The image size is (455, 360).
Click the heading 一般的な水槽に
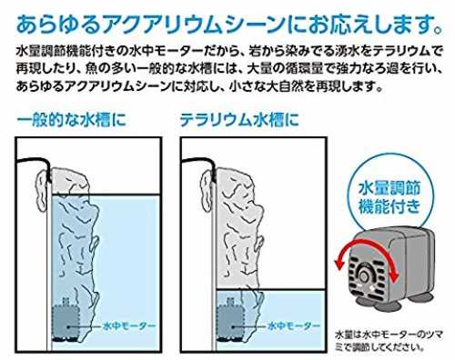[x=72, y=120]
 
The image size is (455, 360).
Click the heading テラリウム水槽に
[x=239, y=120]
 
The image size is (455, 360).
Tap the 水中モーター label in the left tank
[x=129, y=326]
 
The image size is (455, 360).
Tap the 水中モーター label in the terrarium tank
[x=294, y=326]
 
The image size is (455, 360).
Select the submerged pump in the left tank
[x=66, y=321]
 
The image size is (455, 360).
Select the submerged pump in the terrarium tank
[x=230, y=321]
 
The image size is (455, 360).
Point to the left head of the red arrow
[x=339, y=266]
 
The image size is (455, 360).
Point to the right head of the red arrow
[x=394, y=275]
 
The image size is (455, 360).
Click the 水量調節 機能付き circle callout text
[x=389, y=197]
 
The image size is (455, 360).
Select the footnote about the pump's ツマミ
[x=389, y=341]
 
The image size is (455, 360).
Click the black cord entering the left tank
[x=34, y=159]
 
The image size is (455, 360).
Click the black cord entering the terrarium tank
[x=198, y=160]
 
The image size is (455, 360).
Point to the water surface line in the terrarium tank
[x=270, y=291]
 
